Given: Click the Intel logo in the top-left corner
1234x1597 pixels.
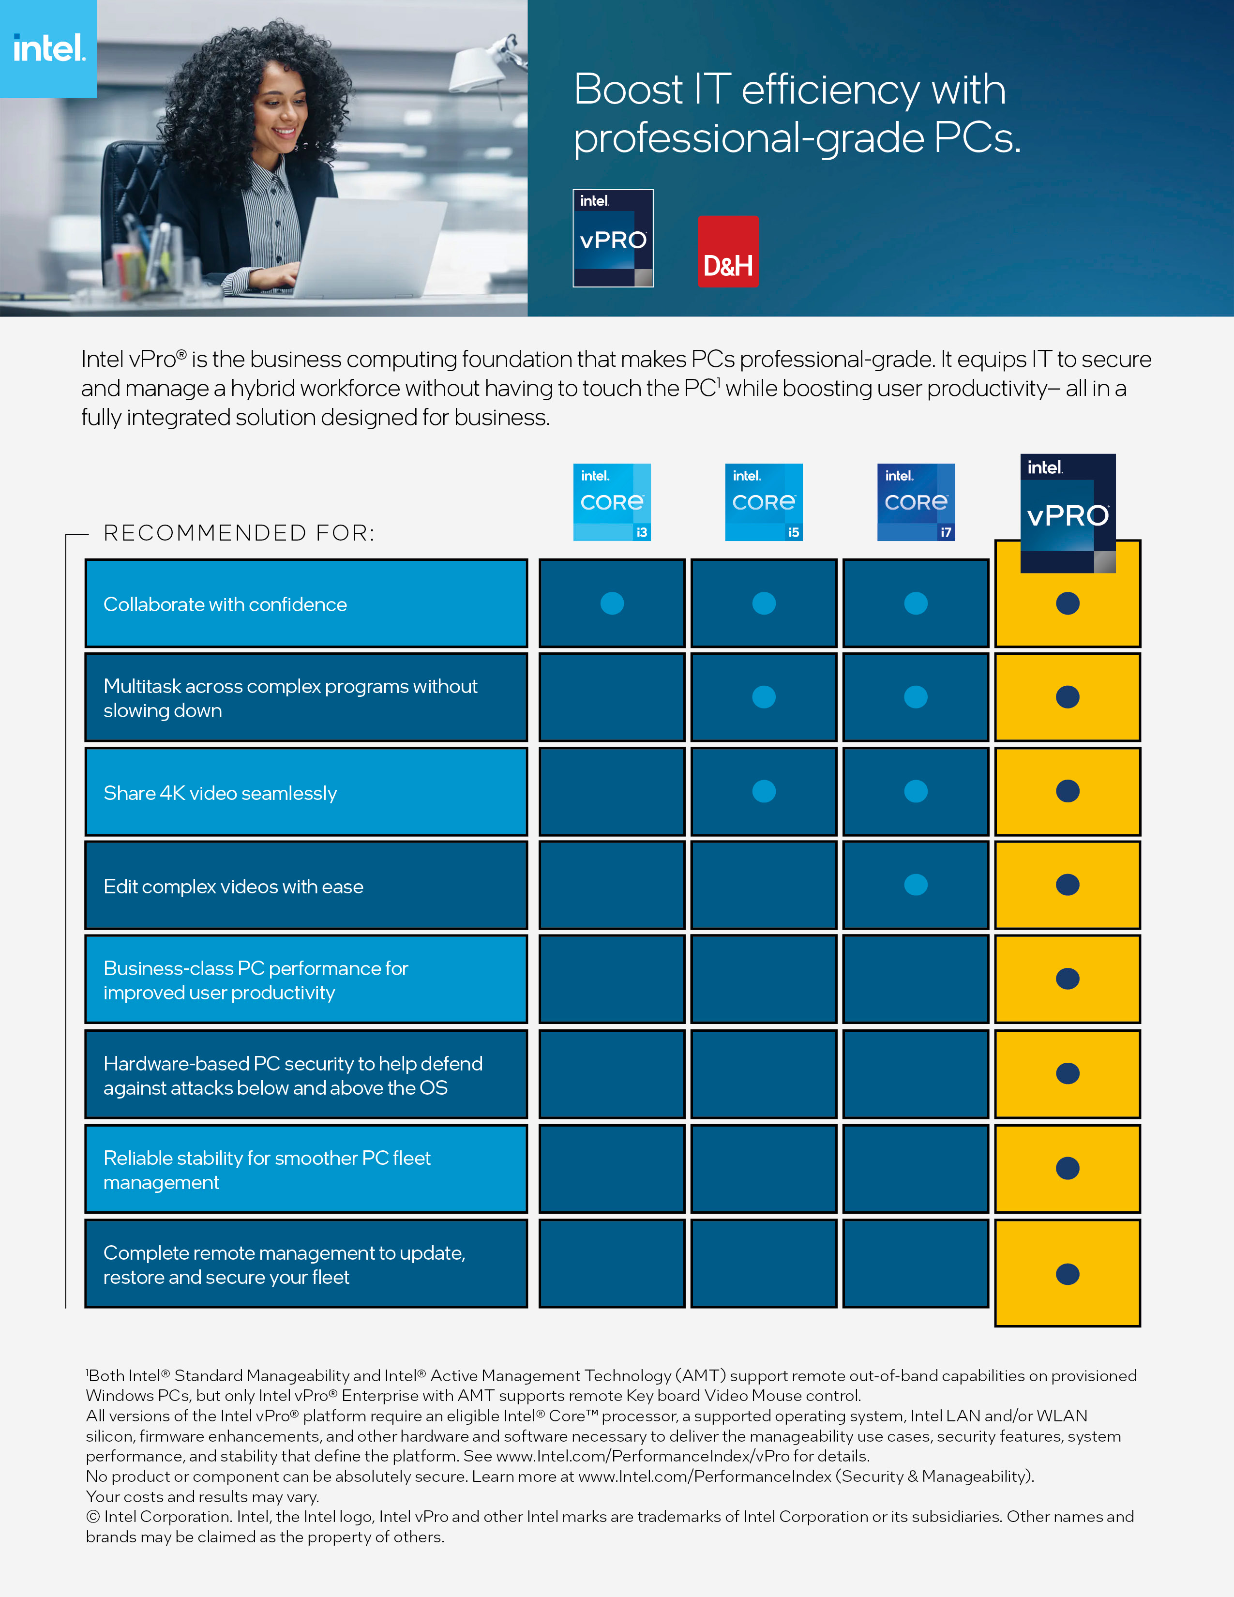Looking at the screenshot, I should pyautogui.click(x=48, y=48).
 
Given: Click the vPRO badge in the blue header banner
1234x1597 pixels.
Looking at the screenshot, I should pyautogui.click(x=613, y=239).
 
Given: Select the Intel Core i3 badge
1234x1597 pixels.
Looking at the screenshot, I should pyautogui.click(x=612, y=502).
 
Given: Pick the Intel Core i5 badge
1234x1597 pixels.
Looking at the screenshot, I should pyautogui.click(x=764, y=502).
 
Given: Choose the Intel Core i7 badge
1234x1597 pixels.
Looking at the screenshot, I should pyautogui.click(x=916, y=502).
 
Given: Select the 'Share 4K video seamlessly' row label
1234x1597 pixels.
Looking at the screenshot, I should pyautogui.click(x=220, y=793).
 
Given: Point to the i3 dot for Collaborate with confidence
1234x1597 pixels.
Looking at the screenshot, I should pyautogui.click(x=612, y=603).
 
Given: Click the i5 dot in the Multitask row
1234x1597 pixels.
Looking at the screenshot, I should pyautogui.click(x=764, y=697).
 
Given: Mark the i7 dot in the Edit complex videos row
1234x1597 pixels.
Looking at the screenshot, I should pyautogui.click(x=916, y=885).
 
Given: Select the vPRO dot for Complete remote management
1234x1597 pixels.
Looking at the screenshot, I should pyautogui.click(x=1068, y=1274).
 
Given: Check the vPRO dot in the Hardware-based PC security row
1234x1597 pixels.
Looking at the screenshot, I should pyautogui.click(x=1068, y=1073).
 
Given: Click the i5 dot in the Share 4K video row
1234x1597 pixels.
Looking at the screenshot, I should pyautogui.click(x=764, y=791).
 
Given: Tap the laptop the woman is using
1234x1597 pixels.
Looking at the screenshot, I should pyautogui.click(x=373, y=249).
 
